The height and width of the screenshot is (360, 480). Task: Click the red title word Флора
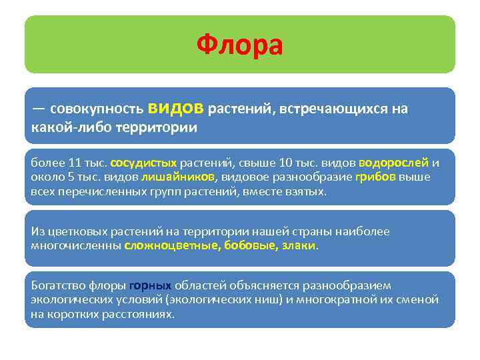click(240, 45)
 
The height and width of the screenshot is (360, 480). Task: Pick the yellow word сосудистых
click(143, 162)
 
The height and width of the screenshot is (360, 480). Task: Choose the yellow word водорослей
click(393, 162)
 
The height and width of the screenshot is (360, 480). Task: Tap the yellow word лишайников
click(178, 177)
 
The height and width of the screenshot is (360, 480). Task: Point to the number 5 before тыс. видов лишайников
click(67, 177)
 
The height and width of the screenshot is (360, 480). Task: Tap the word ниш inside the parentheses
click(264, 299)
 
